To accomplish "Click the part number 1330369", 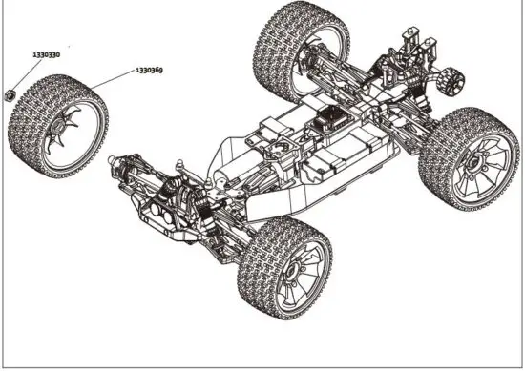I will (x=148, y=70).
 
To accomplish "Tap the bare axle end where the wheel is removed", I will (x=124, y=162).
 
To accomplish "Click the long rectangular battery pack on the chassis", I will (x=329, y=162).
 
